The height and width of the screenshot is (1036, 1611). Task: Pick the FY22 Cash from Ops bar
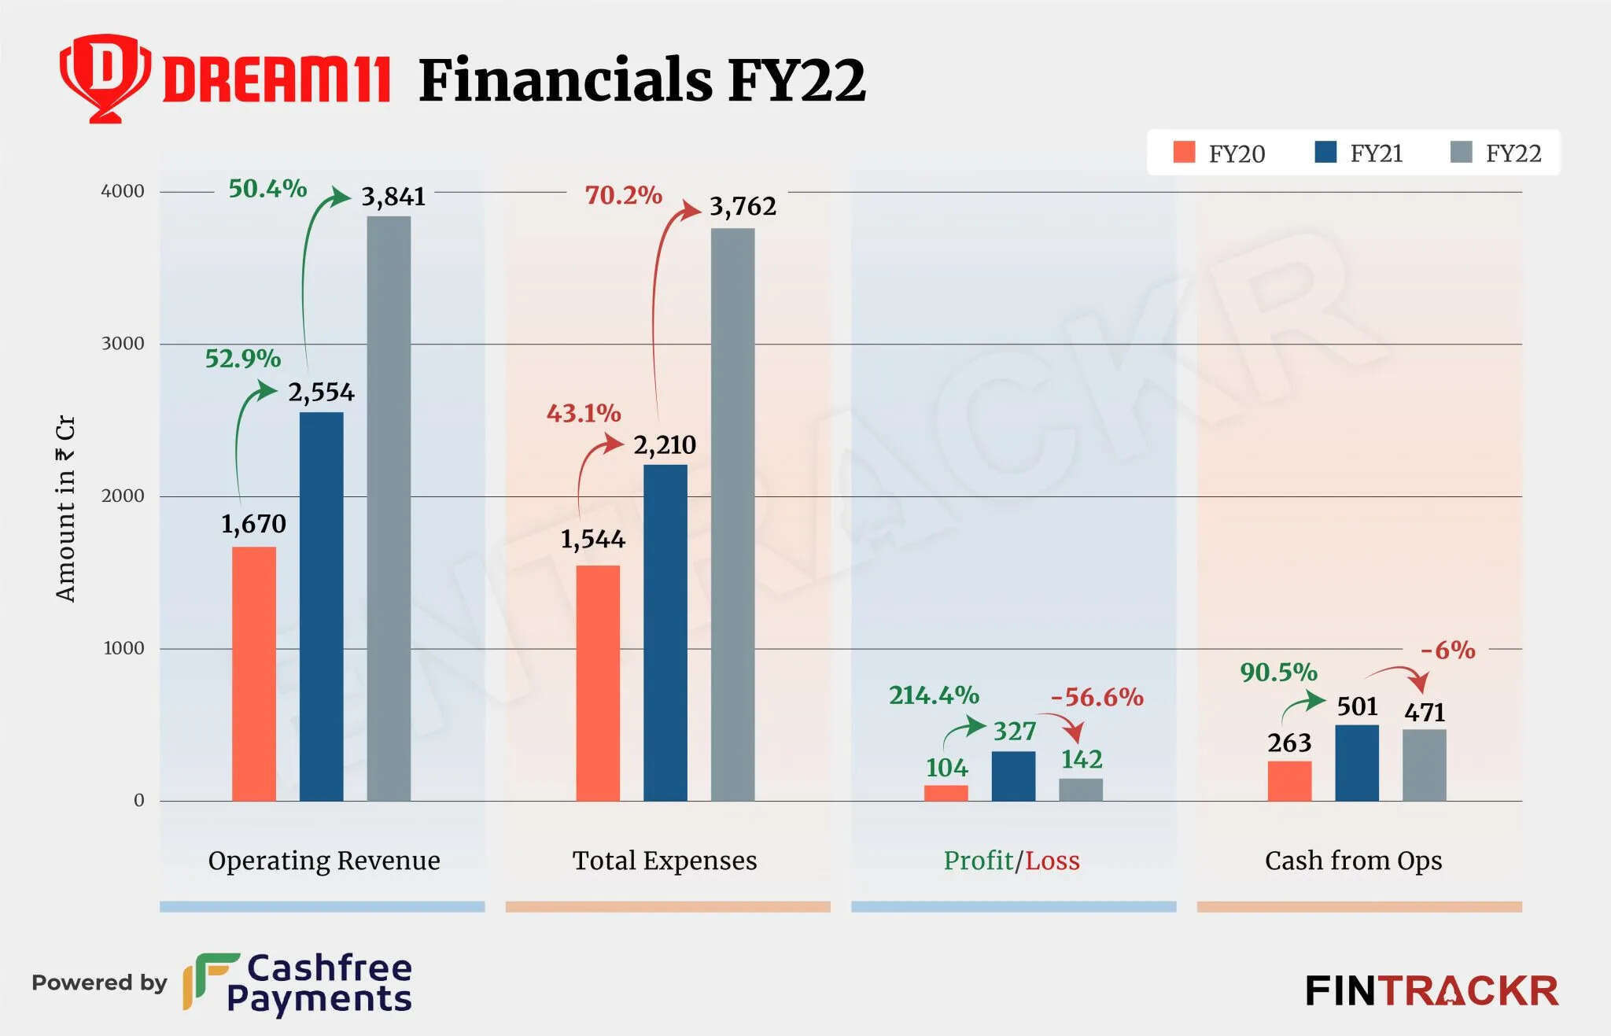[1424, 765]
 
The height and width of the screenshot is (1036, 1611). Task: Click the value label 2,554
[321, 392]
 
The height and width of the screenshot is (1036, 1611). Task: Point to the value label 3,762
[743, 206]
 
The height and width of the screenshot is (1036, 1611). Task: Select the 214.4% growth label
[934, 695]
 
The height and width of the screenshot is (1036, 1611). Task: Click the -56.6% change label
[1097, 697]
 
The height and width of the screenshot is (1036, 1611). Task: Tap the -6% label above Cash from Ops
[1447, 650]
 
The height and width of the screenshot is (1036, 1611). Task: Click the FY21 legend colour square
[1325, 152]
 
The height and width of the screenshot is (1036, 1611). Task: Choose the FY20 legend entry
[1219, 153]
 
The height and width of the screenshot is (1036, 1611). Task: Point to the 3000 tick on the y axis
[123, 344]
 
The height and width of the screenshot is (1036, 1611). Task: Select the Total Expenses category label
[665, 861]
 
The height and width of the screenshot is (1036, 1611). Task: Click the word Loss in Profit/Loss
[1052, 861]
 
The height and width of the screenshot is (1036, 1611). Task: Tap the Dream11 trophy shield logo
[105, 77]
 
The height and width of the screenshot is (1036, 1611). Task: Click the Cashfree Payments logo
[299, 983]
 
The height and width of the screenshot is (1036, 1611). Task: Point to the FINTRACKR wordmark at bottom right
[1432, 990]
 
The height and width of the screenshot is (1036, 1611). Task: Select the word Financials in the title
[565, 80]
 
